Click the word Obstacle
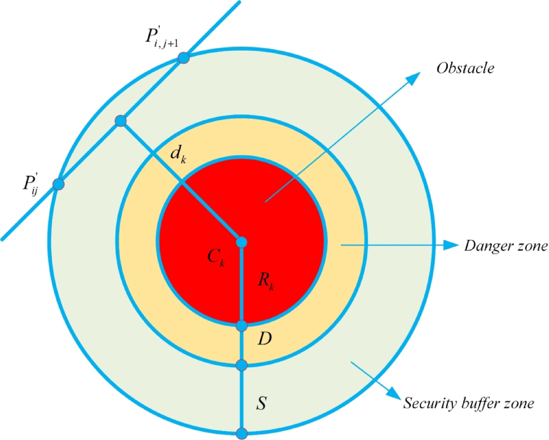pos(465,68)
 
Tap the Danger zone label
pos(505,246)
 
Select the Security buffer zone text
pos(468,403)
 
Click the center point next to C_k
pos(241,242)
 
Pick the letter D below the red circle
pos(264,339)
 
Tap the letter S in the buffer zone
pos(261,403)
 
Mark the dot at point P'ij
pos(58,184)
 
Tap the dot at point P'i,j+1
pos(184,57)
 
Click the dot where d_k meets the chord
pos(121,121)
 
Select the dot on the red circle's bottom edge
pos(241,326)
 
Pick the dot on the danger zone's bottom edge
pos(241,365)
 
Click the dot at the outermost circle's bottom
pos(241,433)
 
